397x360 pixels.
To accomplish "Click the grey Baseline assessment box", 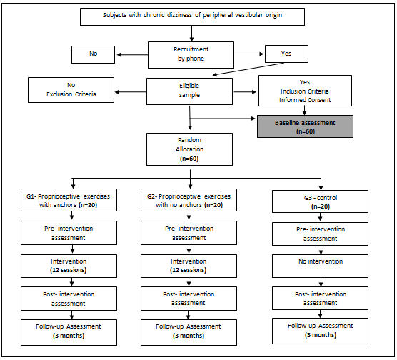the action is click(x=305, y=126).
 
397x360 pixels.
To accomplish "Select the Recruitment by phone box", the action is click(x=191, y=55).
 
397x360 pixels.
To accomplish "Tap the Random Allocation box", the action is click(x=189, y=149).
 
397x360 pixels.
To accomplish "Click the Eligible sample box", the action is click(x=189, y=91).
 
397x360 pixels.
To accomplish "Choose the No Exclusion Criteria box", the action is click(x=71, y=90).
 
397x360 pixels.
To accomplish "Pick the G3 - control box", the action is click(x=320, y=201).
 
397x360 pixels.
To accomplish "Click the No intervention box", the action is click(x=320, y=266).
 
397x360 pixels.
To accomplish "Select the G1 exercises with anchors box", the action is click(x=69, y=200).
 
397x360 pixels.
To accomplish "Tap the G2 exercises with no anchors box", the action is click(x=189, y=200).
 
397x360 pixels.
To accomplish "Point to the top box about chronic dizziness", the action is click(x=192, y=16).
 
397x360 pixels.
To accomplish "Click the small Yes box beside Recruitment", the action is click(x=286, y=54).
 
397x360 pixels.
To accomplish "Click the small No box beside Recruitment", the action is click(x=93, y=54).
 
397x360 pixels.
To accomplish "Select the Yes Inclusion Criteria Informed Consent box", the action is click(x=305, y=91).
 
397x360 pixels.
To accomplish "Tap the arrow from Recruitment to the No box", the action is click(x=132, y=55).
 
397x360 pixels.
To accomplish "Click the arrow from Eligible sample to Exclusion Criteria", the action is click(x=131, y=92).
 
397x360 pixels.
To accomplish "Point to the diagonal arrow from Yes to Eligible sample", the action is click(x=248, y=69).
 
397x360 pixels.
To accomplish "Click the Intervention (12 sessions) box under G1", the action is click(x=69, y=266).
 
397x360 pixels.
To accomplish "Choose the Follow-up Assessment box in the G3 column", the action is click(x=320, y=331).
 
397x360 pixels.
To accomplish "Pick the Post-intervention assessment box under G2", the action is click(x=189, y=299).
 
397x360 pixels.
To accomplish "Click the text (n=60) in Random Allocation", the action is click(x=189, y=159).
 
